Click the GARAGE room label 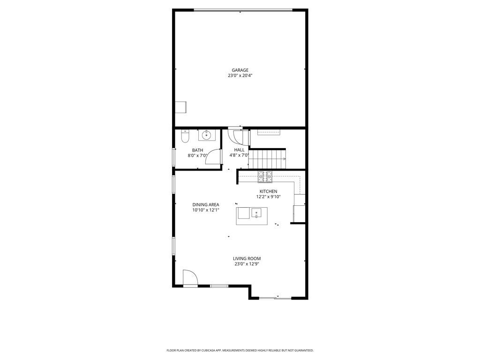point(240,70)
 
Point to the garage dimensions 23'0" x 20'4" point(240,75)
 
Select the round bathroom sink point(206,135)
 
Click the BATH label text point(197,150)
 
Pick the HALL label point(239,150)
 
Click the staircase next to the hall point(267,159)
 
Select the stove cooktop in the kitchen point(265,177)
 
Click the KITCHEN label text point(269,191)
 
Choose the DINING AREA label point(205,204)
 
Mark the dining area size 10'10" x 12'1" point(205,210)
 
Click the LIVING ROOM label point(247,258)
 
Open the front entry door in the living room point(190,278)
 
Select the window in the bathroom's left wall point(174,157)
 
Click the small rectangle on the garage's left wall point(180,107)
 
